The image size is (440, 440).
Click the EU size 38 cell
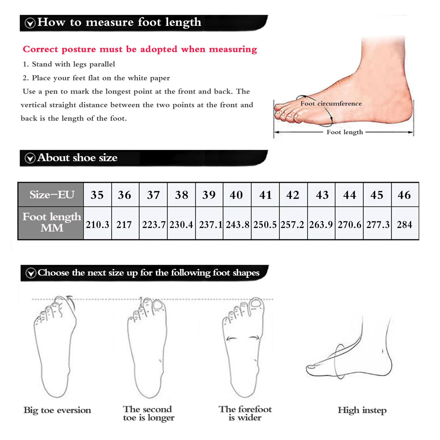coord(182,195)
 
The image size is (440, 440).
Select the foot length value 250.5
coord(265,224)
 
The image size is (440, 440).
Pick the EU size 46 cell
coord(405,195)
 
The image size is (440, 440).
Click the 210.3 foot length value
coord(97,224)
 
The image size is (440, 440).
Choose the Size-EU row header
coord(51,195)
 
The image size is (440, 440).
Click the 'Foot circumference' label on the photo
coord(331,103)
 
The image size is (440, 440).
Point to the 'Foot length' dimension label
coord(345,132)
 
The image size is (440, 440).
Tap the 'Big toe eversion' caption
coord(57,410)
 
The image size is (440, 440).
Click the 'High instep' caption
coord(362,410)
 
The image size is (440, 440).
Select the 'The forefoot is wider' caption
coord(245,413)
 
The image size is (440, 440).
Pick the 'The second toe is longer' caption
coord(148,413)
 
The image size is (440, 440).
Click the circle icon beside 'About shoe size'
coord(30,158)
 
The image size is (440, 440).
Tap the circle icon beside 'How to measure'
coord(30,23)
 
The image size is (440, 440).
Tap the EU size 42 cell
coord(293,195)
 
